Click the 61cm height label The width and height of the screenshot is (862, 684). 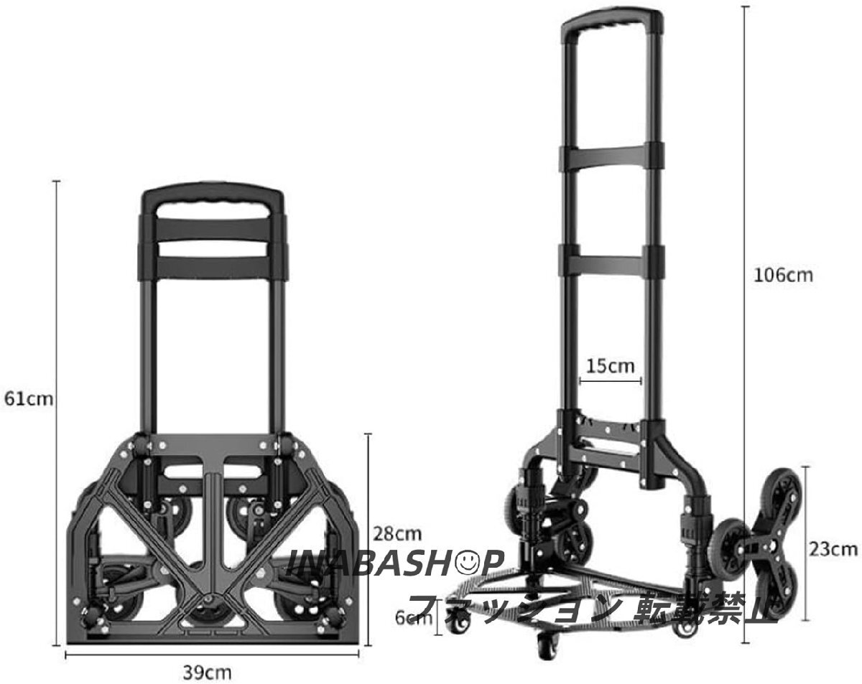(29, 399)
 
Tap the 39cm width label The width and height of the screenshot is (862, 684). (207, 673)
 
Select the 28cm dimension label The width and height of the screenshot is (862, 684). (397, 534)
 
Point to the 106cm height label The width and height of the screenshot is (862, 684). (783, 276)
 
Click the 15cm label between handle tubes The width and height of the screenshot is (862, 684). (611, 366)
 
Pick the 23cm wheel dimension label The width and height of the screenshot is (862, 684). (833, 550)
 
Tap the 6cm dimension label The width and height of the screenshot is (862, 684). (413, 618)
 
